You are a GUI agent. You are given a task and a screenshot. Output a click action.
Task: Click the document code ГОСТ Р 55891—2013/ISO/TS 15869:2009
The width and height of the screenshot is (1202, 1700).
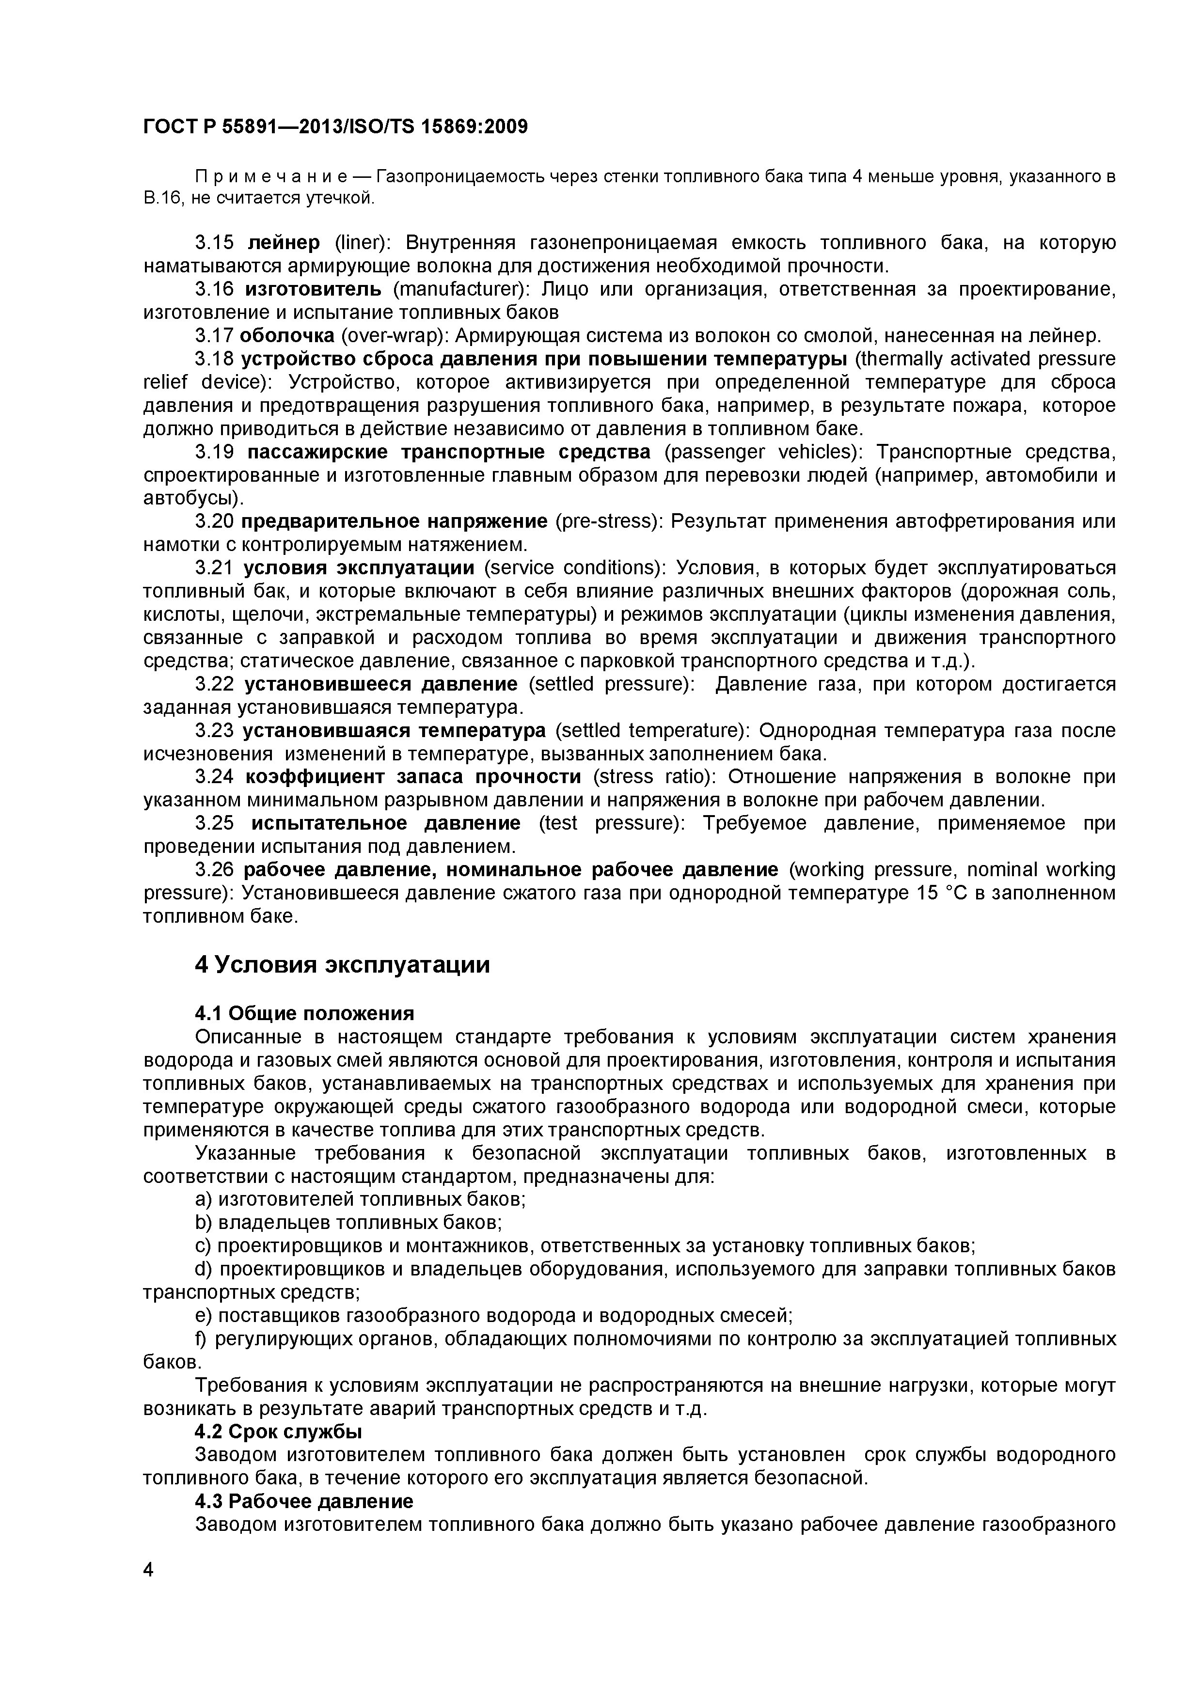pos(335,127)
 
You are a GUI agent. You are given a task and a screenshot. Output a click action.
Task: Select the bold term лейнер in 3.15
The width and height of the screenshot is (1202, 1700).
pos(284,243)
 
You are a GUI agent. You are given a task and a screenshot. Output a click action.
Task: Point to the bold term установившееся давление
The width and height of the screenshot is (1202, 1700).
pos(380,683)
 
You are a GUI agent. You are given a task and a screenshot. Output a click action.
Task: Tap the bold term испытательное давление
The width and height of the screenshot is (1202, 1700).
pos(385,822)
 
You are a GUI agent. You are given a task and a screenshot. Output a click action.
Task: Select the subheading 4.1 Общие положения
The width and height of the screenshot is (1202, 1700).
pos(304,1013)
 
